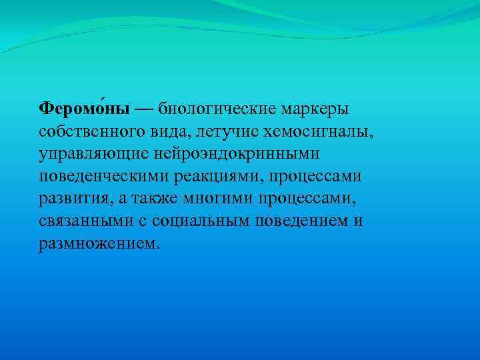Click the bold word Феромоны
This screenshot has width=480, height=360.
84,108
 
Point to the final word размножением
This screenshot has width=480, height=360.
99,244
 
